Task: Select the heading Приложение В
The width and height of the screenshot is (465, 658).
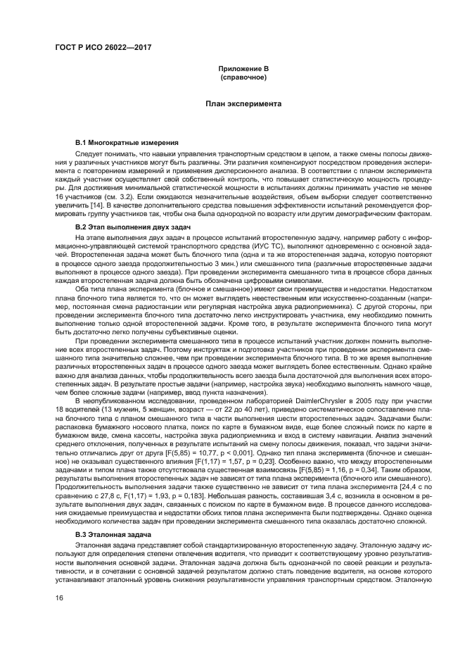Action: coord(243,68)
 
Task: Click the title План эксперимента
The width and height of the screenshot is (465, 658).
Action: coord(243,103)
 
